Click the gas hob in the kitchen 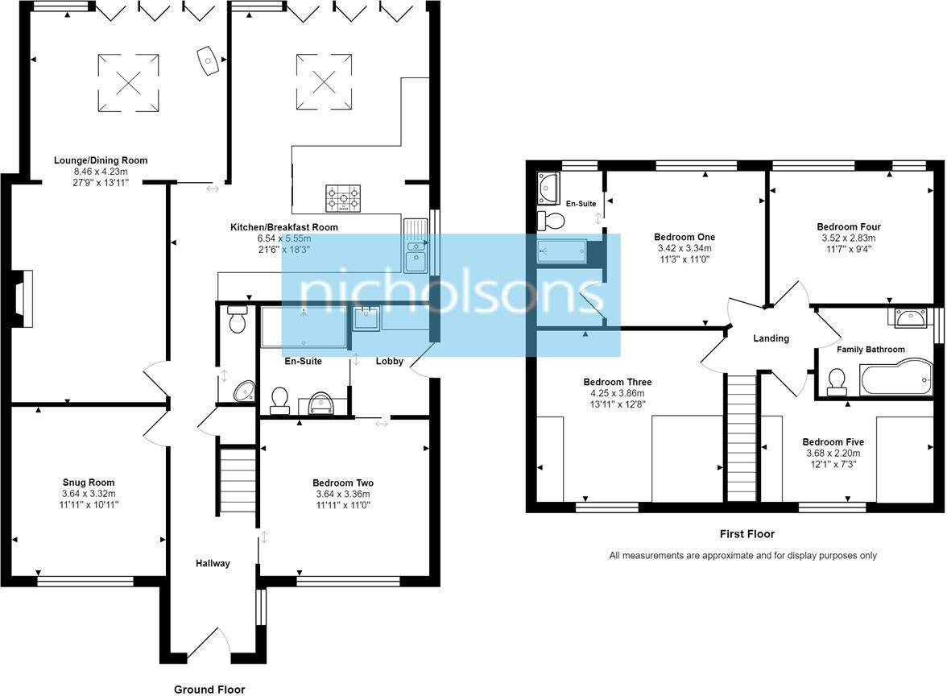pos(343,198)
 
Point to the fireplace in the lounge pos(23,299)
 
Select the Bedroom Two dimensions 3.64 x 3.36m pos(343,495)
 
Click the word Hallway pos(213,563)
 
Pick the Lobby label pos(390,362)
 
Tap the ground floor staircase pos(237,481)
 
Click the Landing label pos(771,338)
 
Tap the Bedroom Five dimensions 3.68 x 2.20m pos(833,454)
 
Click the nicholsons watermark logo pos(451,295)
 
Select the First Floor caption pos(746,534)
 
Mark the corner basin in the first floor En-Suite pos(548,186)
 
